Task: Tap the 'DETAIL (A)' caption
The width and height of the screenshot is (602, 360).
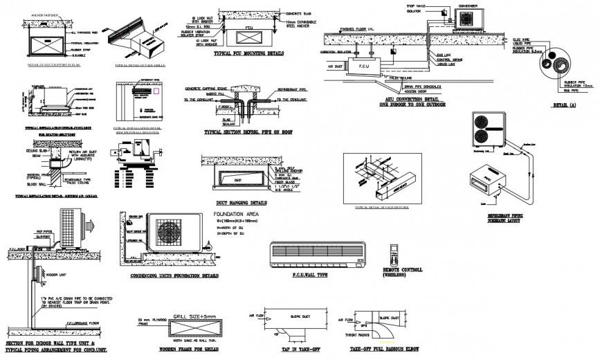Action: (x=564, y=105)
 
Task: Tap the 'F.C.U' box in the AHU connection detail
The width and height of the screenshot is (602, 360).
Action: (x=364, y=67)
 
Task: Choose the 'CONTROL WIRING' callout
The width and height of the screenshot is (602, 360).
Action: (x=443, y=59)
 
